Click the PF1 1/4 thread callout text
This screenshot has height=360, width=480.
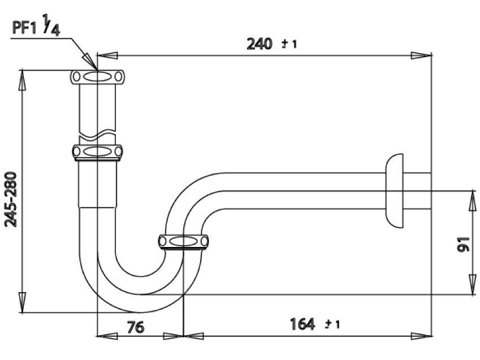point(35,28)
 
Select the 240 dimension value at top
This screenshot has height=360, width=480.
point(261,44)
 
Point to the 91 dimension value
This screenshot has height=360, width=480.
point(462,244)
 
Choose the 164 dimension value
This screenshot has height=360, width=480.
point(302,325)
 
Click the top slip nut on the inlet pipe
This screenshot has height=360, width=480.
point(97,77)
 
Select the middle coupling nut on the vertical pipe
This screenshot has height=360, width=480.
point(97,151)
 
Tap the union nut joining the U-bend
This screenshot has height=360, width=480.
point(183,241)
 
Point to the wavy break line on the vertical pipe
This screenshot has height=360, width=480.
point(97,136)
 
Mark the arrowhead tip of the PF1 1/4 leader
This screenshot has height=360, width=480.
point(96,68)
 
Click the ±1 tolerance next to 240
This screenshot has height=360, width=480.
point(289,45)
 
